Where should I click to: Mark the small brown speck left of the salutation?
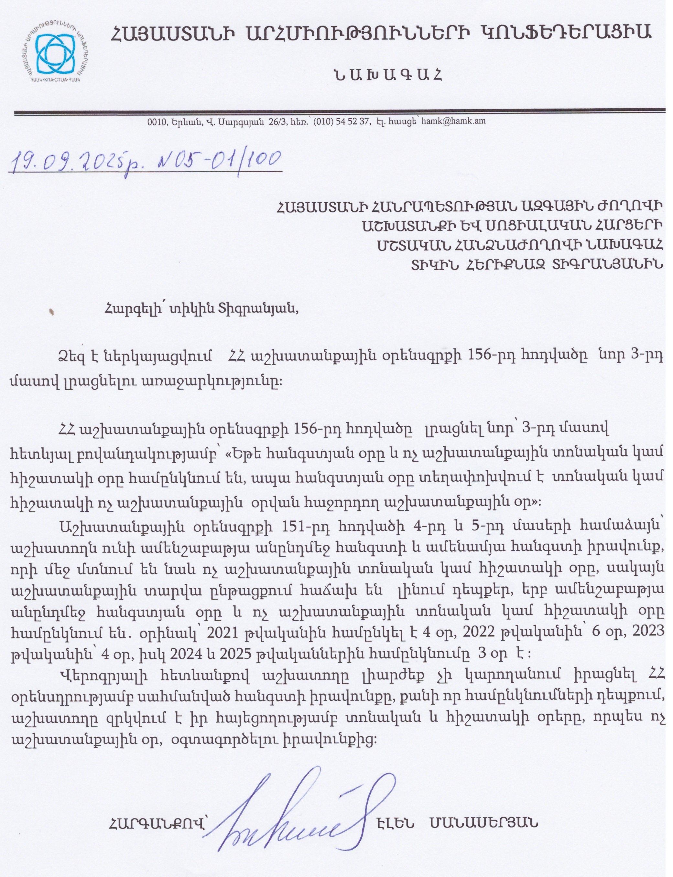[x=51, y=311]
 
